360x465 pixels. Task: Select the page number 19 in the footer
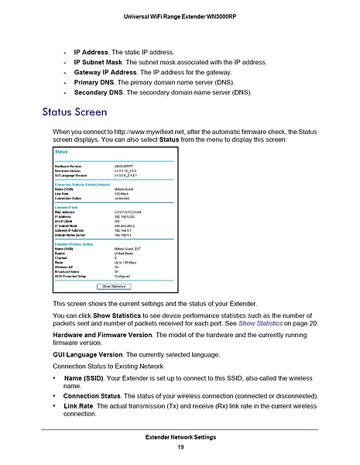[180, 447]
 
